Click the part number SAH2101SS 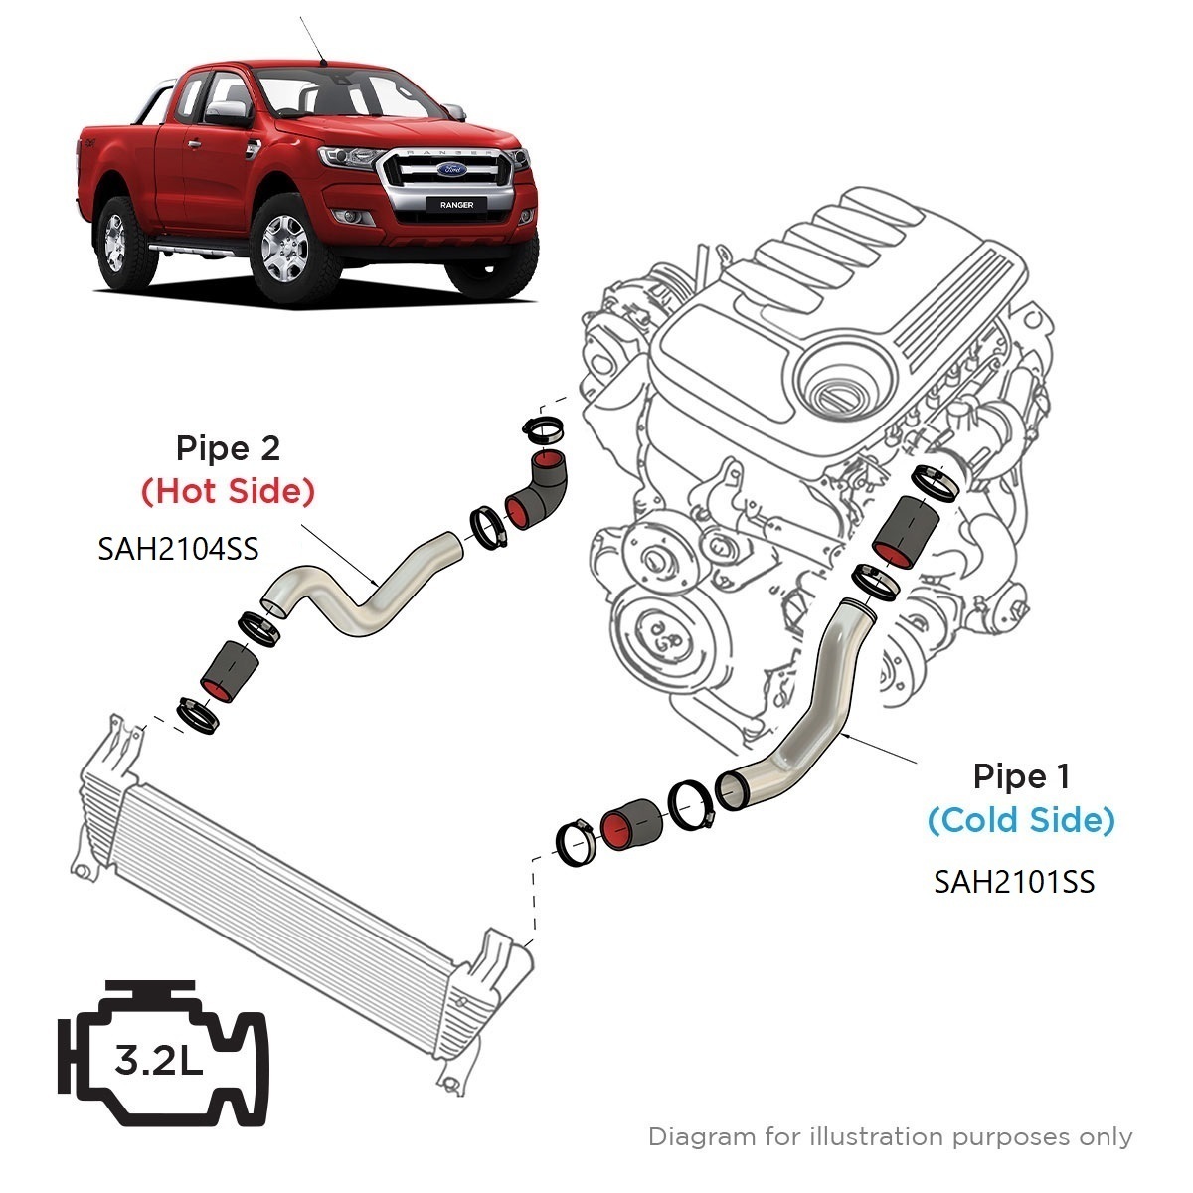tap(1014, 881)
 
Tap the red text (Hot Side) tap(228, 491)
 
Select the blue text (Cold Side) tap(1021, 820)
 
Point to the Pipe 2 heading tap(228, 448)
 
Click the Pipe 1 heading tap(1022, 776)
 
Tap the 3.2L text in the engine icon tap(159, 1061)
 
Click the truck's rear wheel tap(116, 238)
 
